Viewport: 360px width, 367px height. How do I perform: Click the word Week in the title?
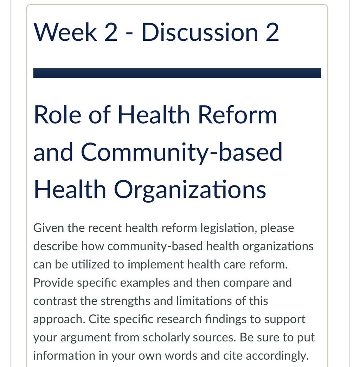click(x=65, y=32)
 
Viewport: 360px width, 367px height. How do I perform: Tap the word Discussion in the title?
click(x=200, y=32)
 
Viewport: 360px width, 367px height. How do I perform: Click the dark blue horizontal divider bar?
click(x=177, y=73)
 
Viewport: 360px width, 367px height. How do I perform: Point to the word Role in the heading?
click(x=58, y=114)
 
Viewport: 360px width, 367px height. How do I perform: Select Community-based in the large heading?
click(x=181, y=152)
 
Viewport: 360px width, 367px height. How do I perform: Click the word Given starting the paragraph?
click(x=49, y=228)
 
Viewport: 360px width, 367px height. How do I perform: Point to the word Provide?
click(x=53, y=283)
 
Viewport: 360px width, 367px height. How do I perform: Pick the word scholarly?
click(x=166, y=338)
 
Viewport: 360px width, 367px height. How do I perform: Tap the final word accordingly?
click(x=277, y=356)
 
